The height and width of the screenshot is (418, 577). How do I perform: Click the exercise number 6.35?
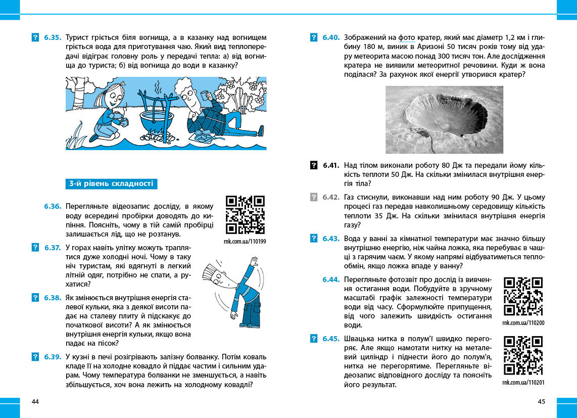[52, 37]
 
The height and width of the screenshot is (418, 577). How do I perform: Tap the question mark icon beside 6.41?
[313, 165]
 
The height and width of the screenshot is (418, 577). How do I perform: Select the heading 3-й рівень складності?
[111, 184]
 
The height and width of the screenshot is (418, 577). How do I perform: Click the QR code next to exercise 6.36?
[246, 215]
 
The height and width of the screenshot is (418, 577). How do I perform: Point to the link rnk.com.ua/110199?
[245, 242]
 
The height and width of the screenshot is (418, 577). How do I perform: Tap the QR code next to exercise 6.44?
[523, 297]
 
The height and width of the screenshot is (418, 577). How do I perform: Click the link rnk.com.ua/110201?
[523, 383]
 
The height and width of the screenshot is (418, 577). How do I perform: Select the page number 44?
[35, 402]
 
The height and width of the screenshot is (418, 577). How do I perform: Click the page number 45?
[542, 402]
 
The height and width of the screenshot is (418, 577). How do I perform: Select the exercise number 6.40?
[331, 37]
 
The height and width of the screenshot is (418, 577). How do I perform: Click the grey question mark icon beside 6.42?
[313, 197]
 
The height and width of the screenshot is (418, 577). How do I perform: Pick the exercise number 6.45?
[331, 339]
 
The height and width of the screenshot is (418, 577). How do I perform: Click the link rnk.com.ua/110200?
[523, 322]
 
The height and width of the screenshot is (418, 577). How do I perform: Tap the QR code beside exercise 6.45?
[523, 356]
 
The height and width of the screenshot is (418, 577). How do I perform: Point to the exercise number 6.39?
[52, 357]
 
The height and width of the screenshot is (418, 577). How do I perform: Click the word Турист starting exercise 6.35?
[77, 37]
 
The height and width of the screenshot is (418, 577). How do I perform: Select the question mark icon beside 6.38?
[35, 298]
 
